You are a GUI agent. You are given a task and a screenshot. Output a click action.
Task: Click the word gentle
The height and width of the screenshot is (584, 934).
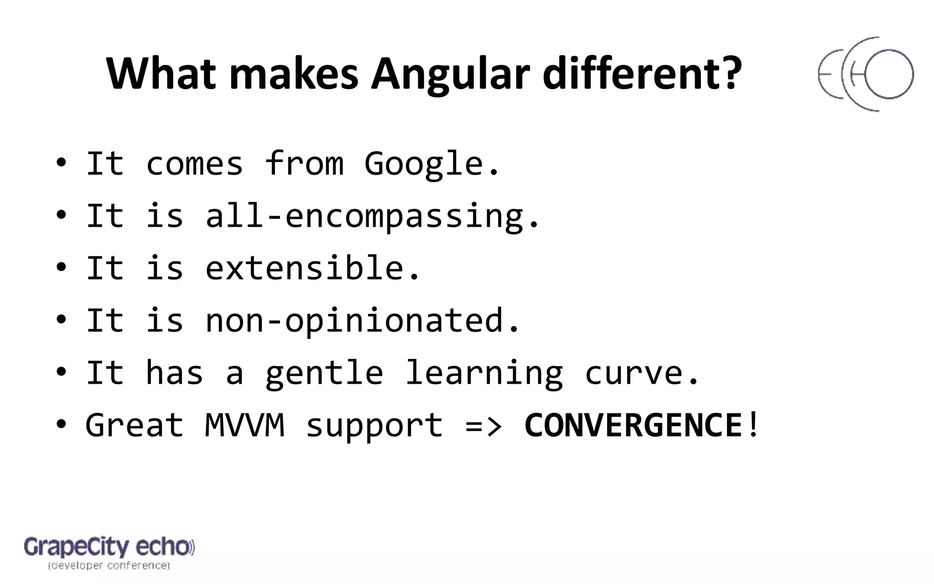(x=324, y=373)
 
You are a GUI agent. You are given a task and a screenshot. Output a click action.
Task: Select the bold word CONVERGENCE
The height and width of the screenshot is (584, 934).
(x=633, y=425)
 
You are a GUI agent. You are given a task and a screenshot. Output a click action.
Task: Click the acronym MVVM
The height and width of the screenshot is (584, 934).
(x=245, y=425)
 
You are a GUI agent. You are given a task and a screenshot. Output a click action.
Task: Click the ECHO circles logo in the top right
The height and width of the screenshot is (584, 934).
(x=865, y=74)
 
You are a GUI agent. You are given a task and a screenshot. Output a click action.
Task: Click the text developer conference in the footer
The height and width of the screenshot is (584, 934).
(x=109, y=566)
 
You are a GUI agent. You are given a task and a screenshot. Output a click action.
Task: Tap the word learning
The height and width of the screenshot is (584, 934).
(x=484, y=373)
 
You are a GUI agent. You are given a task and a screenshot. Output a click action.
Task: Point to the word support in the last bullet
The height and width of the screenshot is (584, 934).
(x=374, y=426)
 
